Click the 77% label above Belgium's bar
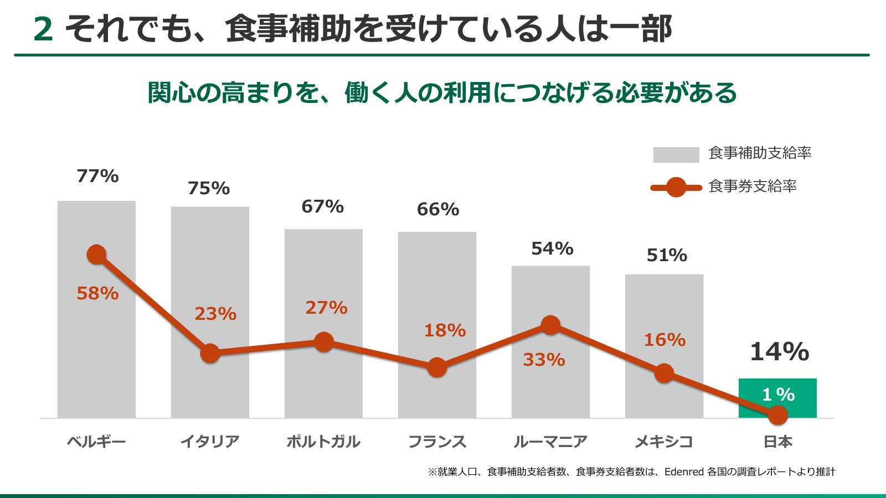[x=97, y=176]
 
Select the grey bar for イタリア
[x=210, y=312]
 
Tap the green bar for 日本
[x=777, y=398]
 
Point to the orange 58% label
[x=97, y=293]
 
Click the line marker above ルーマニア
[x=550, y=325]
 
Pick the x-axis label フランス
[x=437, y=442]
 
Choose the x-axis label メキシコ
[x=664, y=442]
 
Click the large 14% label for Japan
[x=780, y=351]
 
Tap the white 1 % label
[x=779, y=395]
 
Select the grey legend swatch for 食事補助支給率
[x=676, y=154]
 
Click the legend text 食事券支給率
[x=753, y=186]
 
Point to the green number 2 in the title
[x=43, y=29]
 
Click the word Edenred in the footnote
[x=684, y=471]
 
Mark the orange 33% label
[x=544, y=360]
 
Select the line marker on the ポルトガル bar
[x=324, y=342]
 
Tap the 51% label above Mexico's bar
[x=667, y=255]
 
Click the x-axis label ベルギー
[x=96, y=442]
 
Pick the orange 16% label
[x=665, y=340]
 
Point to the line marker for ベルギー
[x=96, y=255]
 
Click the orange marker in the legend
[x=676, y=187]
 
